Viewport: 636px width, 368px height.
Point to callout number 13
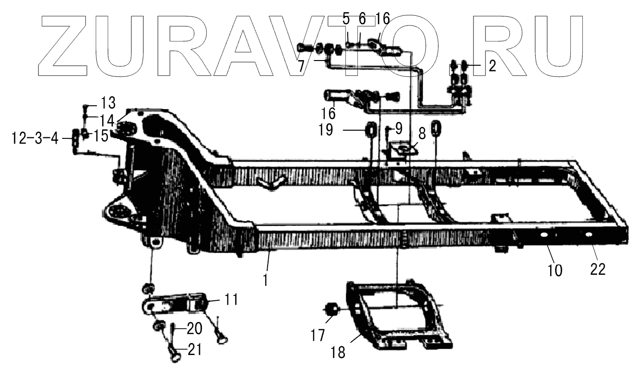tap(108, 102)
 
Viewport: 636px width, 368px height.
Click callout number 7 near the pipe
tap(302, 65)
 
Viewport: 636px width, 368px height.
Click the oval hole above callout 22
tap(589, 235)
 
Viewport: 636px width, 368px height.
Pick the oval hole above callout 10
tap(544, 235)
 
